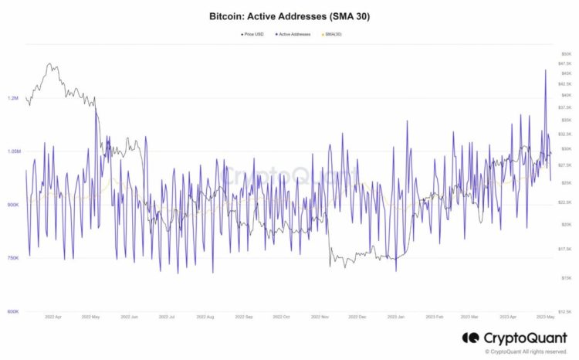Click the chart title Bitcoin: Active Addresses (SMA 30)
click(x=289, y=15)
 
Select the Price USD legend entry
click(x=252, y=34)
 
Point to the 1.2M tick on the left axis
click(x=13, y=98)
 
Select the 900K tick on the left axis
click(x=13, y=205)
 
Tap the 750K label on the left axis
click(x=13, y=258)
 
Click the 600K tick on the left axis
click(x=13, y=311)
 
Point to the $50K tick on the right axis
click(x=566, y=53)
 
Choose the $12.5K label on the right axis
click(x=564, y=311)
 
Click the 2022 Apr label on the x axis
click(x=54, y=317)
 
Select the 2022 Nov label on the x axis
click(x=320, y=317)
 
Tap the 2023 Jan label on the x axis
click(x=396, y=317)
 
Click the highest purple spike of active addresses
click(x=546, y=70)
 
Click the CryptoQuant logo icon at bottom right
click(x=470, y=338)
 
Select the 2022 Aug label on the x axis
click(x=205, y=317)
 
